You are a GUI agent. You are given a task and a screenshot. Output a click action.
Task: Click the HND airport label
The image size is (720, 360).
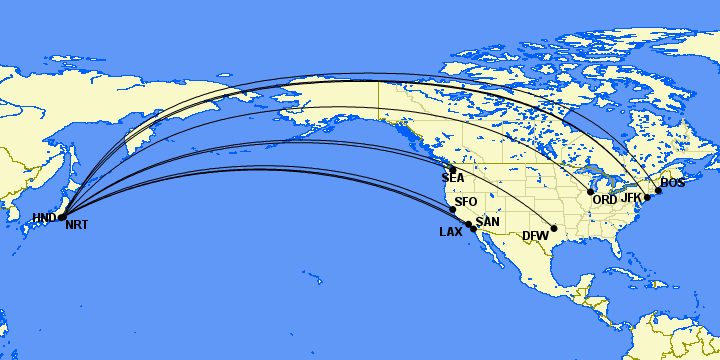43,218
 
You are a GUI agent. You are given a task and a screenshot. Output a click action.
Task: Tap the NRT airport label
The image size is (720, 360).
76,225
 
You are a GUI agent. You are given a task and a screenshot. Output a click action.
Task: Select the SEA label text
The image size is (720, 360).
453,179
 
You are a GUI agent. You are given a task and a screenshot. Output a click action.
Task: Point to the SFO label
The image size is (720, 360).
466,202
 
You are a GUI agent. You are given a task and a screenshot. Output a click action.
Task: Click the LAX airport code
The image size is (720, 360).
450,232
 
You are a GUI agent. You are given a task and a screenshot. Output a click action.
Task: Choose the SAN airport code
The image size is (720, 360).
487,222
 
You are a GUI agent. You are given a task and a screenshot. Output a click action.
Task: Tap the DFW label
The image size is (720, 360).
535,236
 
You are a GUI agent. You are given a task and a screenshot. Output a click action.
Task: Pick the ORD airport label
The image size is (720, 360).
605,200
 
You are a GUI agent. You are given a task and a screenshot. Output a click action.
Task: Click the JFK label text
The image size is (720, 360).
631,197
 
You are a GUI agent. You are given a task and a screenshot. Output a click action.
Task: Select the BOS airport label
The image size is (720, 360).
673,183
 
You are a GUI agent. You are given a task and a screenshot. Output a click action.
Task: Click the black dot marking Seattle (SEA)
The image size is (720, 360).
452,169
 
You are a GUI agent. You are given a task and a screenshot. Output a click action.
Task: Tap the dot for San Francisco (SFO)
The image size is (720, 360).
453,210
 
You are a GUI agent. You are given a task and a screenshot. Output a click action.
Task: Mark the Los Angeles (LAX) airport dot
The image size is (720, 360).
468,224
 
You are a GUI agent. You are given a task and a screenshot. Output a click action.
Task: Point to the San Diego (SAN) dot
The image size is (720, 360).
474,229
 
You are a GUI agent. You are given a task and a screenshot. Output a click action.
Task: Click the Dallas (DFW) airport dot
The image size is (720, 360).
554,228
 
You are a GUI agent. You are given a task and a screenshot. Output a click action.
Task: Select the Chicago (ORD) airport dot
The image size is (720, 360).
591,191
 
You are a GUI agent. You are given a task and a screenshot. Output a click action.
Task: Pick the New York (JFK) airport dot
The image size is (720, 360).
647,198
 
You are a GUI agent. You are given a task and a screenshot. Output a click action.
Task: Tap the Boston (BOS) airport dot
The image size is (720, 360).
658,190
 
